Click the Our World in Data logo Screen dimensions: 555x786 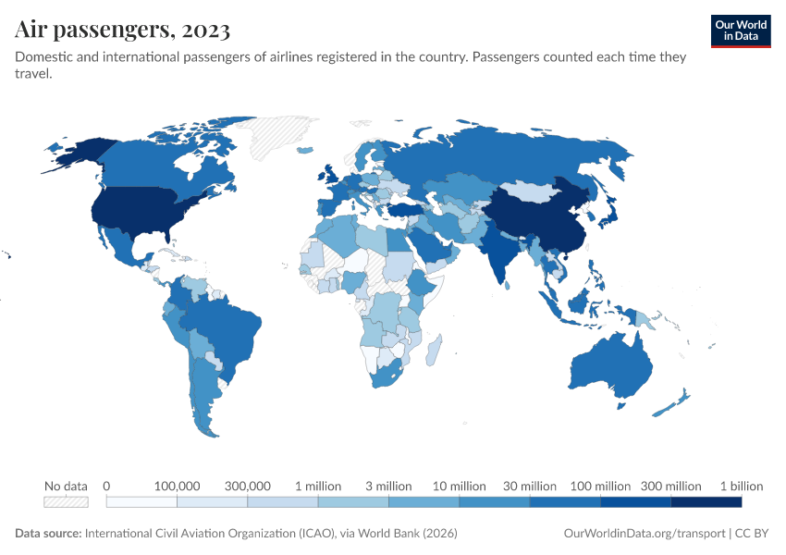point(740,30)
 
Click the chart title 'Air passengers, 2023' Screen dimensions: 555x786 point(123,30)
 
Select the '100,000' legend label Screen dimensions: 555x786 point(177,486)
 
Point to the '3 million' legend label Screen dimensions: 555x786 point(388,486)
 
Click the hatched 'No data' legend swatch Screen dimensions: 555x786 point(66,501)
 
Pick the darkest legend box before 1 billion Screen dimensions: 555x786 point(706,501)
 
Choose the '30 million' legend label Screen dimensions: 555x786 point(530,486)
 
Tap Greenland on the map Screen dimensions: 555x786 point(277,139)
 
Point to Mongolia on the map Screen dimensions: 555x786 point(534,191)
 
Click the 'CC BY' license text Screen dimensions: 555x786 point(753,534)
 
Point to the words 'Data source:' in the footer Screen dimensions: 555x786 point(48,534)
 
